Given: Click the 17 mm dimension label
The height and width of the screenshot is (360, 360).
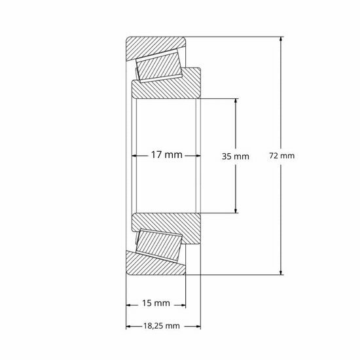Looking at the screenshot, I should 166,156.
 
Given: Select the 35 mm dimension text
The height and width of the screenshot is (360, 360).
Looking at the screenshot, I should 236,156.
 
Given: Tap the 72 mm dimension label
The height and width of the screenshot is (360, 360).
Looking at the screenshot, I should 283,156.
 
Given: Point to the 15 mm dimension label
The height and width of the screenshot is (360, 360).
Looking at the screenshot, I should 156,303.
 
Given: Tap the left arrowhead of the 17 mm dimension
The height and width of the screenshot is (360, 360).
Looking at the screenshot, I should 135,156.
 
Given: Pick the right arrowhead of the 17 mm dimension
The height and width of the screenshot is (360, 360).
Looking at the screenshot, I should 196,156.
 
